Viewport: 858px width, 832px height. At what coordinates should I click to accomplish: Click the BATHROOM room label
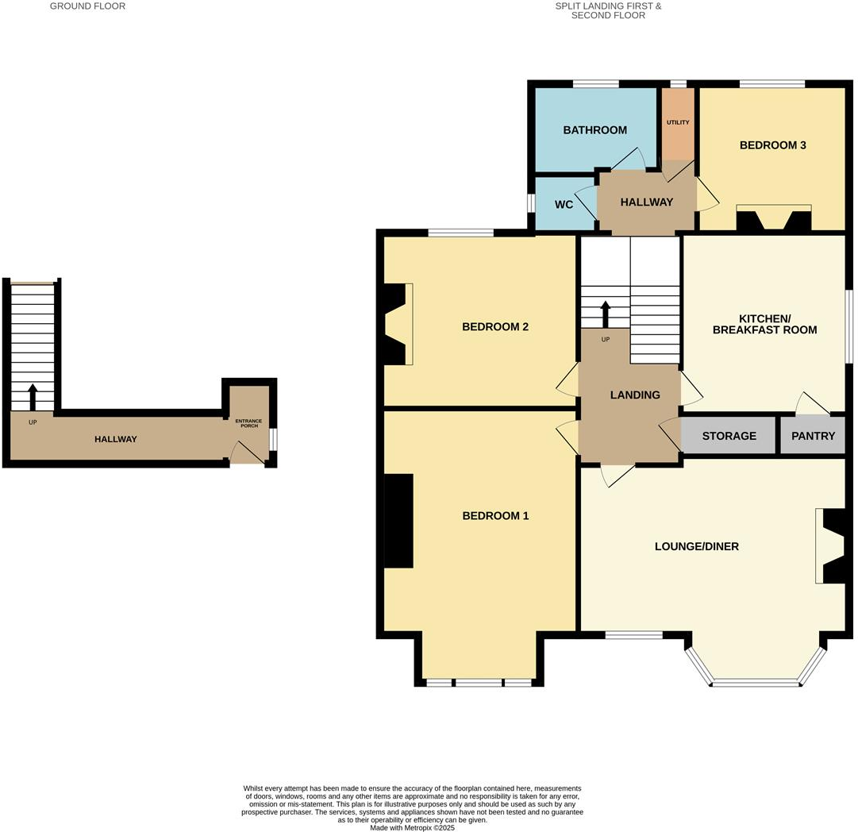coord(594,130)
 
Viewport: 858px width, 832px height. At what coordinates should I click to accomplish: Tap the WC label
coord(564,205)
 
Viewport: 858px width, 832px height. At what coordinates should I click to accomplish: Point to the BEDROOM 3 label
coord(772,145)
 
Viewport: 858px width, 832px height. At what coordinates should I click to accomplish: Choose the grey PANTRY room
coord(813,436)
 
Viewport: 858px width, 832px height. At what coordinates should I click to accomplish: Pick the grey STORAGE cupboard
coord(728,436)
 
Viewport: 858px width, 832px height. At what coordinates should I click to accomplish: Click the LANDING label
coord(635,395)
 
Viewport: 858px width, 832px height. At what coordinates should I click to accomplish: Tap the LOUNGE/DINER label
coord(696,546)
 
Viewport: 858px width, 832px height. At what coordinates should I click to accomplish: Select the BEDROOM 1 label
coord(495,516)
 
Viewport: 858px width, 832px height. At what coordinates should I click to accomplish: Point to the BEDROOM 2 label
coord(495,327)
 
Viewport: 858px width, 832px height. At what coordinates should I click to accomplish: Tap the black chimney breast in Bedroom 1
coord(399,521)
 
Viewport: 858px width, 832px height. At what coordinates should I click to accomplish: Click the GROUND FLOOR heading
coord(87,6)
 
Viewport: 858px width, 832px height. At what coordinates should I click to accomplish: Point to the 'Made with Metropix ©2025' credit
coord(413,827)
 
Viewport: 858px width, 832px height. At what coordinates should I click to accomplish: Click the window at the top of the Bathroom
coord(596,83)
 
